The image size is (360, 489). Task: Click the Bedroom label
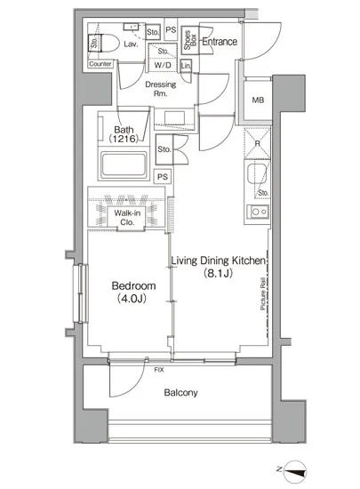(x=133, y=286)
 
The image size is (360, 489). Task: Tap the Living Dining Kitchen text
(x=219, y=261)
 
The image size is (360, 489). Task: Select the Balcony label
(x=180, y=392)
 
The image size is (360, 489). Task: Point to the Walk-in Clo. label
(x=127, y=218)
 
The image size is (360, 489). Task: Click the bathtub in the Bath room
(x=124, y=165)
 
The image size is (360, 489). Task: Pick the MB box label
(x=258, y=100)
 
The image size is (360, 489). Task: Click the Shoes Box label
(x=190, y=40)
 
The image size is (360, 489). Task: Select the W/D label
(x=163, y=65)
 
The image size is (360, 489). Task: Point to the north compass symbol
(x=295, y=472)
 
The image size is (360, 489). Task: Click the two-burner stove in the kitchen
(x=258, y=212)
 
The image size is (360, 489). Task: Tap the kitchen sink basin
(x=257, y=174)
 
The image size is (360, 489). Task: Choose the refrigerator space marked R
(x=258, y=144)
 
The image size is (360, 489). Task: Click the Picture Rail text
(x=263, y=293)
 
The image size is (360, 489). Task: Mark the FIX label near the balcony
(x=159, y=370)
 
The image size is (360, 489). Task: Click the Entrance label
(x=220, y=42)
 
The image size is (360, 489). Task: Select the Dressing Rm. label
(x=161, y=89)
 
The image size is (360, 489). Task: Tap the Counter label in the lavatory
(x=100, y=64)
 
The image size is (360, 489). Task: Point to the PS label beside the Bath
(x=163, y=177)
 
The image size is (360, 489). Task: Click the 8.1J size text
(x=218, y=274)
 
